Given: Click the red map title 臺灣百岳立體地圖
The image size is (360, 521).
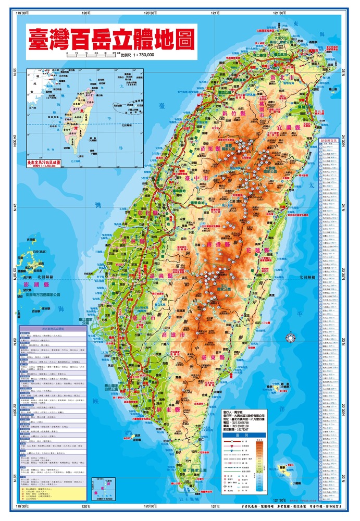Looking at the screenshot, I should coord(111,39).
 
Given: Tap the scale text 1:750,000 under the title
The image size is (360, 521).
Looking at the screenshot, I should coord(139,55).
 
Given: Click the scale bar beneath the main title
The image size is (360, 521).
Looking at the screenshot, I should coord(92,53).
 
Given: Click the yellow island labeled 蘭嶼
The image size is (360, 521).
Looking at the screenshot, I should coord(284,471).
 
